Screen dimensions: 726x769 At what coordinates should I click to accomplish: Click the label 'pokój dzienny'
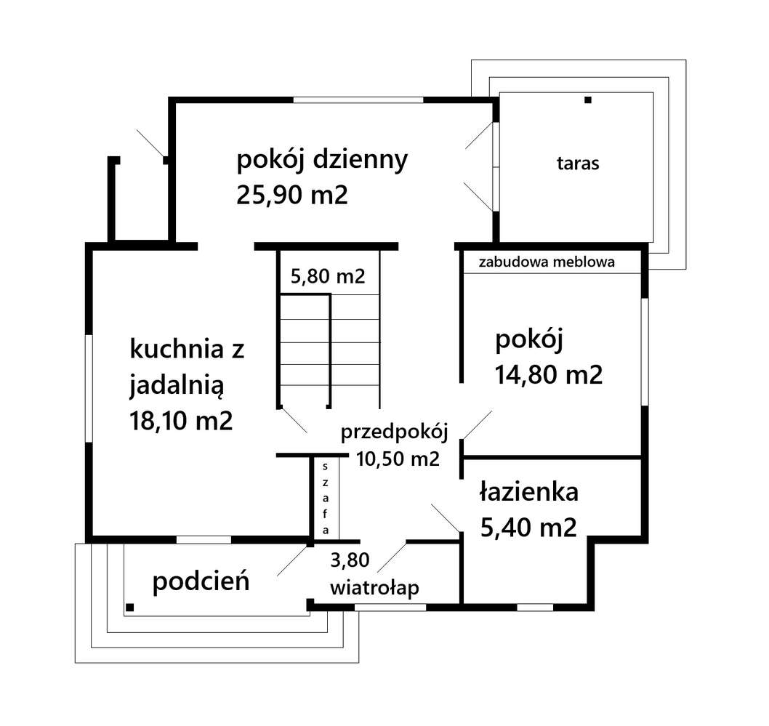coord(322,161)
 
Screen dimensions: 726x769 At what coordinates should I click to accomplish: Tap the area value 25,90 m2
coord(292,195)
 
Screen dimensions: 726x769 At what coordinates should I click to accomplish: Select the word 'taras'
coord(579,164)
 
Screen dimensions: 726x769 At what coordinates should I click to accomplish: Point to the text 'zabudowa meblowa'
coord(547,262)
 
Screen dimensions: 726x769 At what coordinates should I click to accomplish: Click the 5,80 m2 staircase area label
coord(327,276)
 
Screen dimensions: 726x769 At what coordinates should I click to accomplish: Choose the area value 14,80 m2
coord(549,374)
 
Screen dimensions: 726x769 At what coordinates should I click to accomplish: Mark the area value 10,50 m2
coord(398,459)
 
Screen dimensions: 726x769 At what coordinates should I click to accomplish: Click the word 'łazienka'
coord(529,492)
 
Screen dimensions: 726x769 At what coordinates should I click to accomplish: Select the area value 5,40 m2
coord(528,526)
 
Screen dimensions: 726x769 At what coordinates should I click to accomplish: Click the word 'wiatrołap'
coord(375,588)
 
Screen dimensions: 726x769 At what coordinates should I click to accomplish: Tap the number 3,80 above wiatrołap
coord(350,560)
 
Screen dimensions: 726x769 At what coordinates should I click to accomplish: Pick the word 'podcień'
coord(201,581)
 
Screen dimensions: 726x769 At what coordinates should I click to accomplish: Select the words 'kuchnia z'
coord(187,350)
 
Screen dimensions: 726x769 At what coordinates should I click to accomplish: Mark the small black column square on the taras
coord(587,100)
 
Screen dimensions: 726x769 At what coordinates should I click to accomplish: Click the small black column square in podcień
coord(129,606)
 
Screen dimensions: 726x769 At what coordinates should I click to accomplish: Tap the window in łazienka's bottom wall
coord(535,606)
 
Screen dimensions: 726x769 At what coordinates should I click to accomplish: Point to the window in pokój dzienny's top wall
coord(358,100)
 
